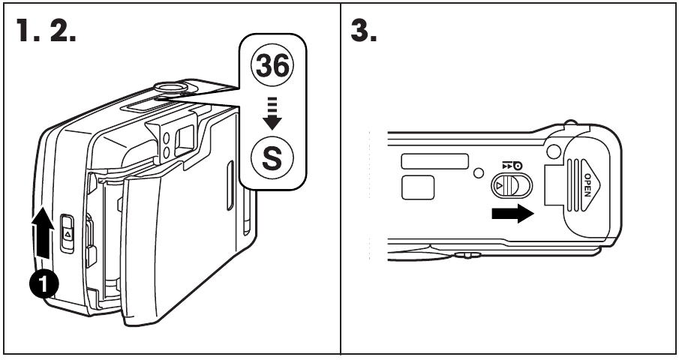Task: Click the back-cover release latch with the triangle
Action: [x=66, y=232]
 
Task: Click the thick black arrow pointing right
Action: [x=513, y=213]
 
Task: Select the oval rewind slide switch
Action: [x=510, y=184]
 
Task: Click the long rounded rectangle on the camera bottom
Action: [x=435, y=160]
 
